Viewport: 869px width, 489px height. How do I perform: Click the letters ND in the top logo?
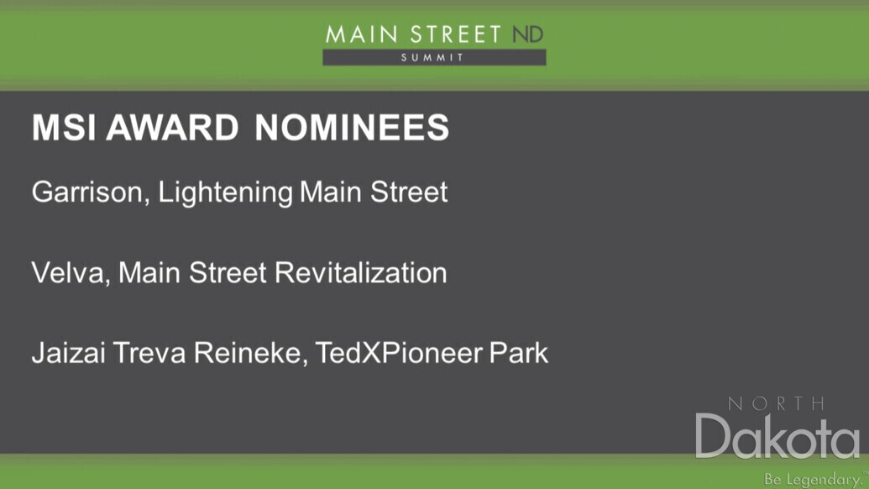pyautogui.click(x=527, y=34)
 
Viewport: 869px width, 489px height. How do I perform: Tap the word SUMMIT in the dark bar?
pyautogui.click(x=432, y=58)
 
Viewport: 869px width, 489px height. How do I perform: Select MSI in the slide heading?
pyautogui.click(x=65, y=128)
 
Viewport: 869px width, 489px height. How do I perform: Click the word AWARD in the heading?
pyautogui.click(x=172, y=128)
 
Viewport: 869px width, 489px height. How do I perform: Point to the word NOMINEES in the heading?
pyautogui.click(x=352, y=128)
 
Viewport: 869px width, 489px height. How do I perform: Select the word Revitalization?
pyautogui.click(x=361, y=273)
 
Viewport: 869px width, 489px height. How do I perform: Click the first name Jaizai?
pyautogui.click(x=69, y=353)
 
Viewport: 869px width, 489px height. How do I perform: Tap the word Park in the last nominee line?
pyautogui.click(x=519, y=353)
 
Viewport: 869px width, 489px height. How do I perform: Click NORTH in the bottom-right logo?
pyautogui.click(x=777, y=403)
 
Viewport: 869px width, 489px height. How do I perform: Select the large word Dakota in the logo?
pyautogui.click(x=777, y=436)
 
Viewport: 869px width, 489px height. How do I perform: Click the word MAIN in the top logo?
pyautogui.click(x=362, y=34)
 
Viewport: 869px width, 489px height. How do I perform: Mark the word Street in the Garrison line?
pyautogui.click(x=409, y=192)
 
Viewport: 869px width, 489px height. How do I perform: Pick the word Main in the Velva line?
pyautogui.click(x=149, y=273)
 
